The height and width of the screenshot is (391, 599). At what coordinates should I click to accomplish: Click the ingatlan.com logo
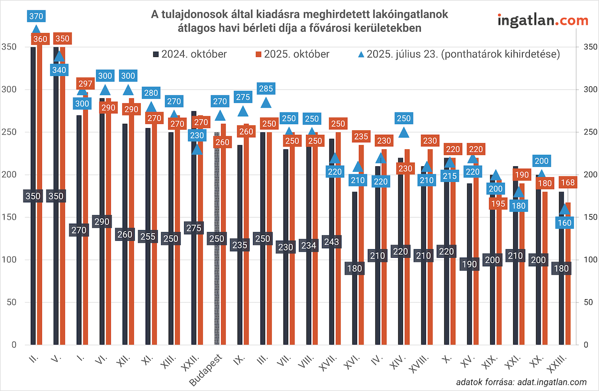[543, 20]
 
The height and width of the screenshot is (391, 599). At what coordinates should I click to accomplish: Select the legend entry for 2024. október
[190, 54]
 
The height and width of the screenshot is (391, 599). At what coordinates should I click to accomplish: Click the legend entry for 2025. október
[293, 54]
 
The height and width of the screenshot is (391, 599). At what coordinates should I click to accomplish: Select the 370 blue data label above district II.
[36, 16]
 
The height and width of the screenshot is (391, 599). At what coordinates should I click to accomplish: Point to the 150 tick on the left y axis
[9, 217]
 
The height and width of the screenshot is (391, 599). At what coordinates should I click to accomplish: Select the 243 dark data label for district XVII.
[331, 242]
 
